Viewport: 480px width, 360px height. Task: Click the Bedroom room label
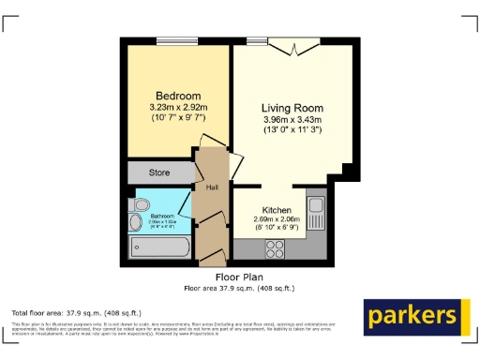178,97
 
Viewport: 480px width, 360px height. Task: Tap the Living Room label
292,108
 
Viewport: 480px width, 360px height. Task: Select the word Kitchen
277,209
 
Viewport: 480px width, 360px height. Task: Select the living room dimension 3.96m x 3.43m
292,119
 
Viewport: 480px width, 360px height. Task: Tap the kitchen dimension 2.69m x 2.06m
277,219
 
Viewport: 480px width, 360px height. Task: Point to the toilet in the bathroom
142,204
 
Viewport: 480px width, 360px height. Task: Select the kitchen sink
316,212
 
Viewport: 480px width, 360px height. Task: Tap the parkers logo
417,316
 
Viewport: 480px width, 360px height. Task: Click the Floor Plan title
239,277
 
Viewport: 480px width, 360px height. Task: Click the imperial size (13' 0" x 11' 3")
292,130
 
